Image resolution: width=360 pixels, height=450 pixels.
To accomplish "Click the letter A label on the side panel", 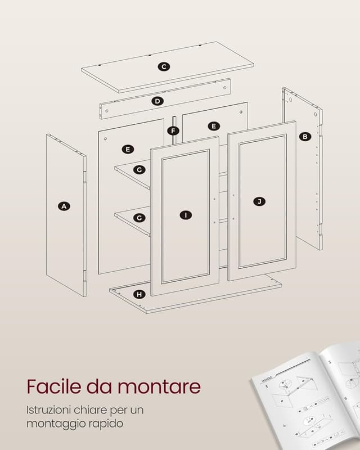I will point(64,206).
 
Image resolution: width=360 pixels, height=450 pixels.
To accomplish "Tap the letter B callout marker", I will point(304,136).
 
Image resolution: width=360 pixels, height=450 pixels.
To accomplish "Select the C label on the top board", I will point(164,67).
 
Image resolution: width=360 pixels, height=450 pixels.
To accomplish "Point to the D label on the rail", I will point(157,101).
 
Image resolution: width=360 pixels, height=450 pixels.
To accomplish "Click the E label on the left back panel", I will point(128,149).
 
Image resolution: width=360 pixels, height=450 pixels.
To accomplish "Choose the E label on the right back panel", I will point(213,126).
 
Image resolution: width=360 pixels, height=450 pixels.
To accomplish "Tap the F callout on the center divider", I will point(173,131).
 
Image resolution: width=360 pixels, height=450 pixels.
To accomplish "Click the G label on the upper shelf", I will point(139,169).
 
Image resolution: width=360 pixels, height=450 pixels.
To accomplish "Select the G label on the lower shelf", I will point(139,217).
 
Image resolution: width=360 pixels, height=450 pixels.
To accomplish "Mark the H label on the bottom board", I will point(139,294).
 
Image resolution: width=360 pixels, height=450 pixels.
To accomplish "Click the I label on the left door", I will point(186,215).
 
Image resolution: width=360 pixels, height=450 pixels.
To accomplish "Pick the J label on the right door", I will point(259,201).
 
